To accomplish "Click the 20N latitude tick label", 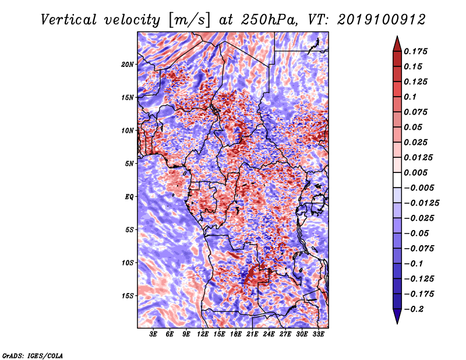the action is [x=127, y=65].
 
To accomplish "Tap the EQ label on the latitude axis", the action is [x=129, y=197].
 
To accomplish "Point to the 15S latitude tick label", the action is [x=127, y=296].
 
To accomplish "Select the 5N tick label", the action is [x=129, y=164].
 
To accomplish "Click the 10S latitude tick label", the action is [x=127, y=263].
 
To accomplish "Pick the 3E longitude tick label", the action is [x=153, y=334].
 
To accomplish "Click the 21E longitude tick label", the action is [x=252, y=334].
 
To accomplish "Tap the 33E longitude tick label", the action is [x=318, y=334].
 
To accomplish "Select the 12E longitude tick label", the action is [x=202, y=334].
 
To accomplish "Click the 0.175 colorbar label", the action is [x=415, y=51].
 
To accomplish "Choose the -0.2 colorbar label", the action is [x=414, y=309].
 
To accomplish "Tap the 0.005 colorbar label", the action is [x=415, y=172].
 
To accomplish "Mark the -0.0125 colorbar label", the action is [x=421, y=203].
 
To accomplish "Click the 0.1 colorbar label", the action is [x=410, y=97].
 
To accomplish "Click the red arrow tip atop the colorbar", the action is [x=397, y=37].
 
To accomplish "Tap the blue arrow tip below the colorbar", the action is [x=397, y=323].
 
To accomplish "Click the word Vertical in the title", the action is [x=69, y=20].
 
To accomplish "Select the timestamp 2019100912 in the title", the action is [x=382, y=20].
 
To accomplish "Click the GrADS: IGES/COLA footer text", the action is [x=33, y=355].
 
